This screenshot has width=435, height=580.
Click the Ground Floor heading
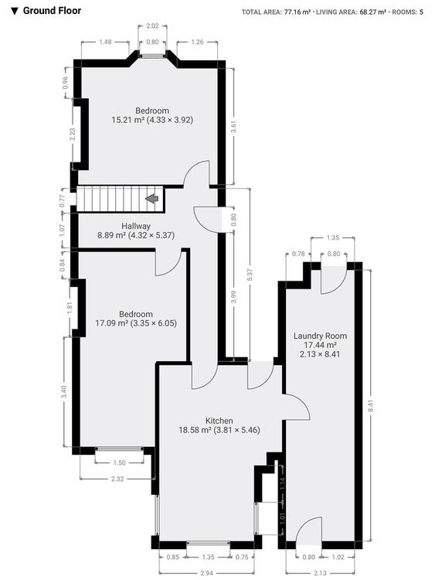tap(52, 11)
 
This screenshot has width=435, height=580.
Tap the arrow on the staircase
tap(152, 199)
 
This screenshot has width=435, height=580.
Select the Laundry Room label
tap(320, 336)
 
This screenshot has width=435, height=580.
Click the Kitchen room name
tap(219, 421)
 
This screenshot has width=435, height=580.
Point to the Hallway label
tap(136, 226)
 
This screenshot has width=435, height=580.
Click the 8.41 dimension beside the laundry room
tap(372, 407)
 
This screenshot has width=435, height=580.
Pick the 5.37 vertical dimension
tap(250, 274)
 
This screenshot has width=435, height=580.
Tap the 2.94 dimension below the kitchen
tap(206, 573)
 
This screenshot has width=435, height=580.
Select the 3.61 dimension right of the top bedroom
tap(233, 127)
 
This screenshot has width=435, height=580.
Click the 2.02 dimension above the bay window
tap(152, 26)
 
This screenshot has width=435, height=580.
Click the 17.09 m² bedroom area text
tap(111, 323)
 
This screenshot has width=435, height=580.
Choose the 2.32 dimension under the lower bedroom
tap(117, 479)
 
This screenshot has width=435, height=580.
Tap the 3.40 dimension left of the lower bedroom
tap(64, 392)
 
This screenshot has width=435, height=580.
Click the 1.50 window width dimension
tap(120, 462)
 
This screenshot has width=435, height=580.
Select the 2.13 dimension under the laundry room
tap(320, 573)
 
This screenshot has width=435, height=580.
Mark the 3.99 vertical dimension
tap(233, 296)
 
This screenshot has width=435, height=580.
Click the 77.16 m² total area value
tap(297, 12)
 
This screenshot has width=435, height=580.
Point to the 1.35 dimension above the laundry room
tap(333, 237)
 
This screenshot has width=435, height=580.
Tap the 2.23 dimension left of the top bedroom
tap(73, 134)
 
